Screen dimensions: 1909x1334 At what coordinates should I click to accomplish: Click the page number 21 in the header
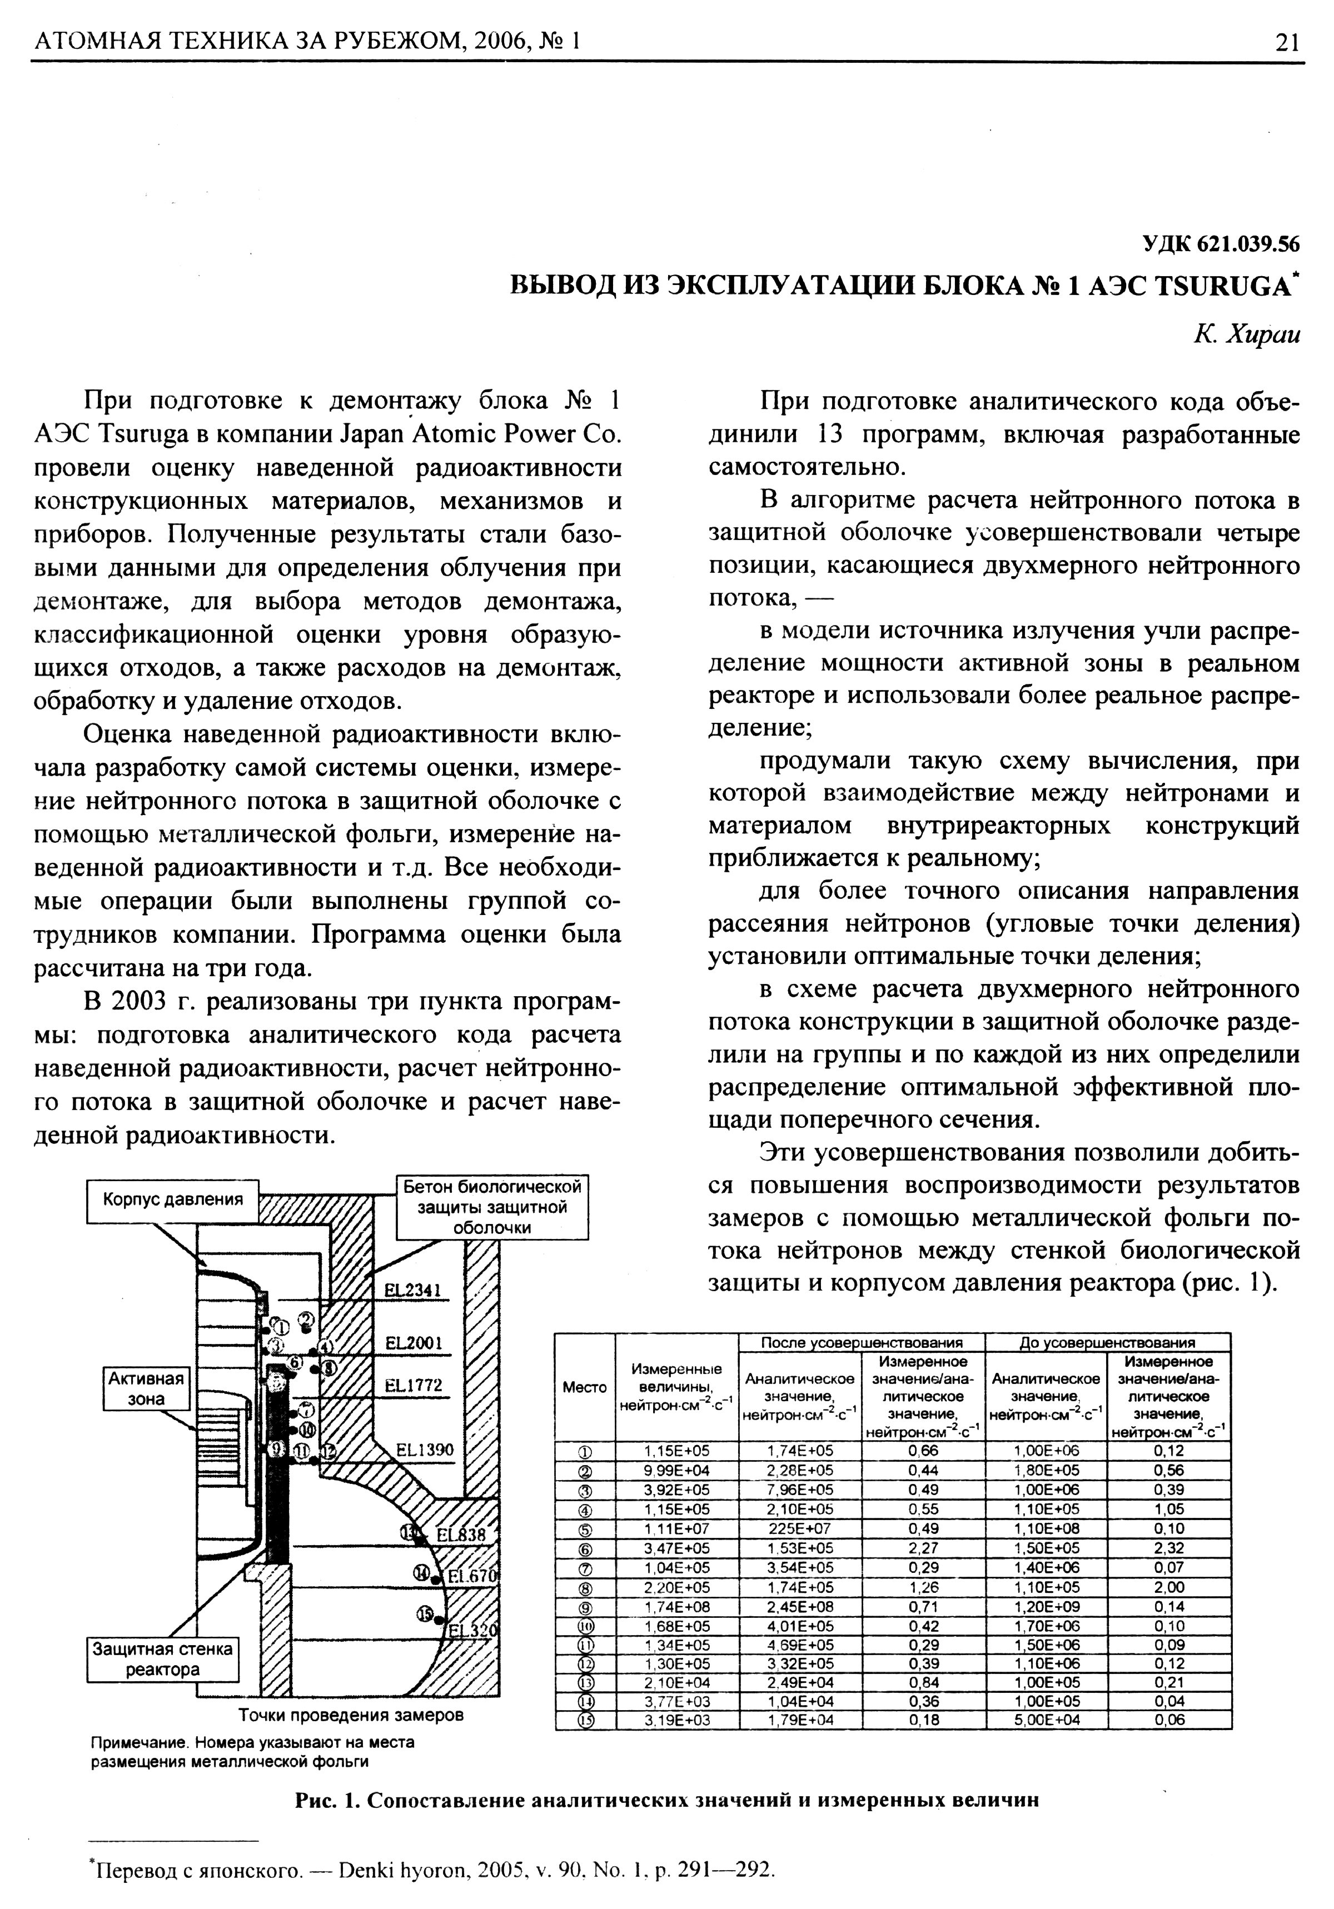click(1286, 42)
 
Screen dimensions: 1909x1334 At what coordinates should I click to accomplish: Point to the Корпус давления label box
click(173, 1200)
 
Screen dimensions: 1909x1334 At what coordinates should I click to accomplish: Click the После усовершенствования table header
click(862, 1342)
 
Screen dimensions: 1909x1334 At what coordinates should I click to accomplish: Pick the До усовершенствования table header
click(1107, 1342)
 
